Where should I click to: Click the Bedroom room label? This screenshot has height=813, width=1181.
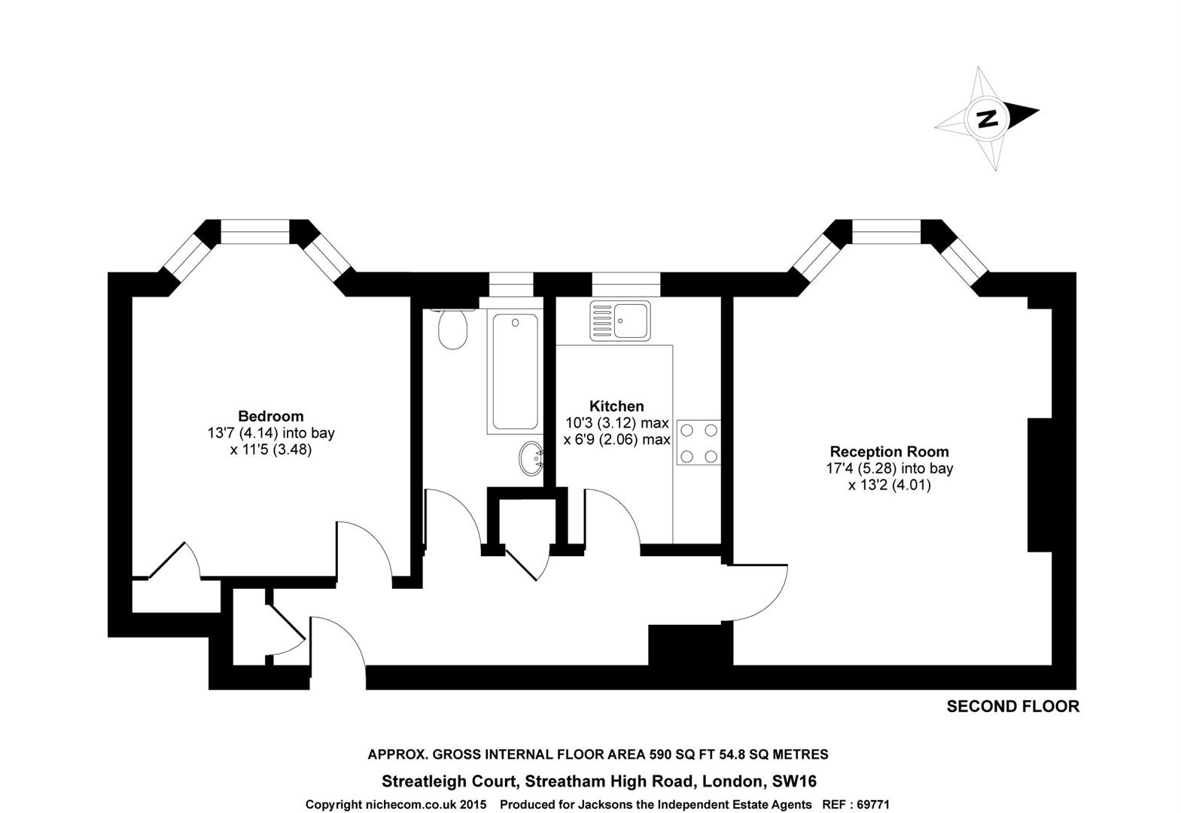pyautogui.click(x=270, y=416)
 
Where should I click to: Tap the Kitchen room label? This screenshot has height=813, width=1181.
pyautogui.click(x=616, y=406)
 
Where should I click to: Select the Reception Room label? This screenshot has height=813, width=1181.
pyautogui.click(x=889, y=452)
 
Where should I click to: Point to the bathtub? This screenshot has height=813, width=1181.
pyautogui.click(x=515, y=371)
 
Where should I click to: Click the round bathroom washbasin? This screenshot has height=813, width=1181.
pyautogui.click(x=532, y=458)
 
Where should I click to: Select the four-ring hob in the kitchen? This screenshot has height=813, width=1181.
pyautogui.click(x=699, y=443)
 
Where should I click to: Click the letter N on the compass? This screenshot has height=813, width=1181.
pyautogui.click(x=986, y=118)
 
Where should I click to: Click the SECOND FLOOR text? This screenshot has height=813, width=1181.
pyautogui.click(x=1012, y=707)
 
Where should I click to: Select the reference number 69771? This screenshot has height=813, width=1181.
pyautogui.click(x=872, y=805)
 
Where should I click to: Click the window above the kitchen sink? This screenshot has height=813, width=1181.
pyautogui.click(x=626, y=285)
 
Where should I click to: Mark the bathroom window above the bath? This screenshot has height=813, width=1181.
pyautogui.click(x=511, y=285)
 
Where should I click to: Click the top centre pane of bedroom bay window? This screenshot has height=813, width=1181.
pyautogui.click(x=254, y=231)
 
